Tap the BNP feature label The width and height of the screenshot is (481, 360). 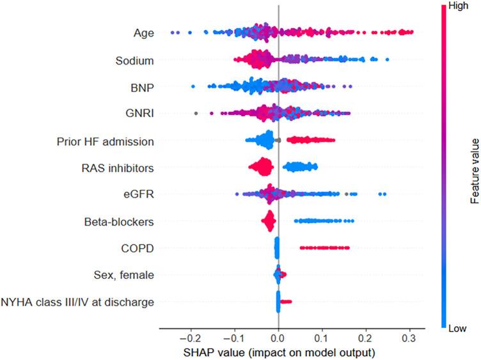coord(141,87)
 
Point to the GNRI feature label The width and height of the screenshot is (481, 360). coord(139,114)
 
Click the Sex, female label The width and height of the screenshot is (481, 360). coord(123,275)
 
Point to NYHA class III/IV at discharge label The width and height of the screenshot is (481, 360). coord(77,302)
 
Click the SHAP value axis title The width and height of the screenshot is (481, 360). coord(278,351)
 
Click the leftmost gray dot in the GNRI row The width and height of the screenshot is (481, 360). coord(196,114)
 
